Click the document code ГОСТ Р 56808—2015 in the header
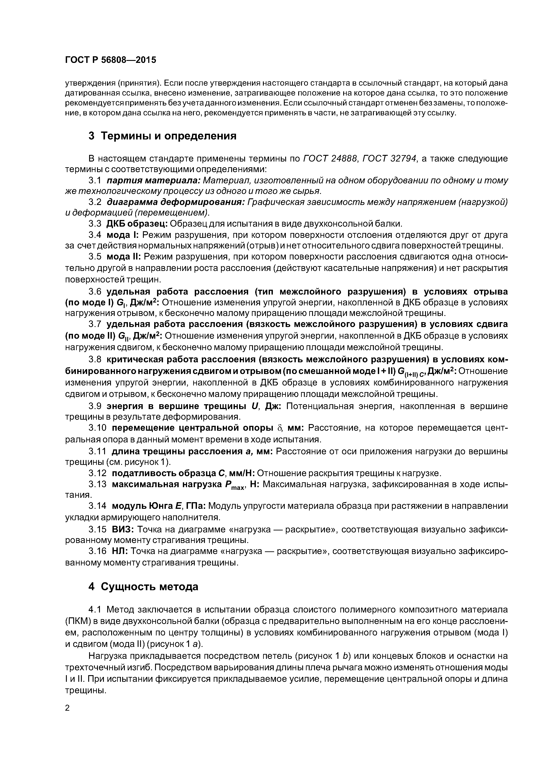111,60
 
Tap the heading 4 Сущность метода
143,587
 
